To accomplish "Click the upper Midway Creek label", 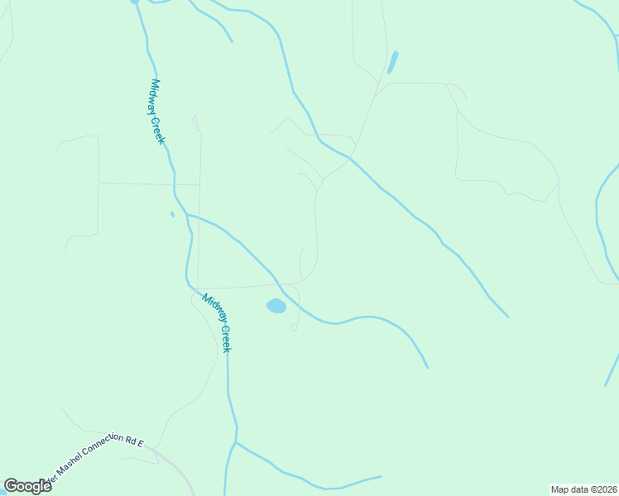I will [158, 112].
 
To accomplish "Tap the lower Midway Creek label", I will [218, 323].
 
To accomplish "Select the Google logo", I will [27, 486].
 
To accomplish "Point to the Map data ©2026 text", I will [583, 489].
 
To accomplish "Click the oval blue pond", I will [276, 306].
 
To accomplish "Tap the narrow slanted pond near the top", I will [392, 62].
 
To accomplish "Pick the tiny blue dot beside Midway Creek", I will [172, 215].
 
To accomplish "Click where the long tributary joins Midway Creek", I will [187, 215].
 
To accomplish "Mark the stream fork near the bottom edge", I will [236, 442].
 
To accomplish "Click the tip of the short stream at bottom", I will [381, 475].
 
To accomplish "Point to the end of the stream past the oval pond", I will [428, 367].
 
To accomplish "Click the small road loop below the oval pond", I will [294, 328].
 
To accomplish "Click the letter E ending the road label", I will [142, 444].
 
